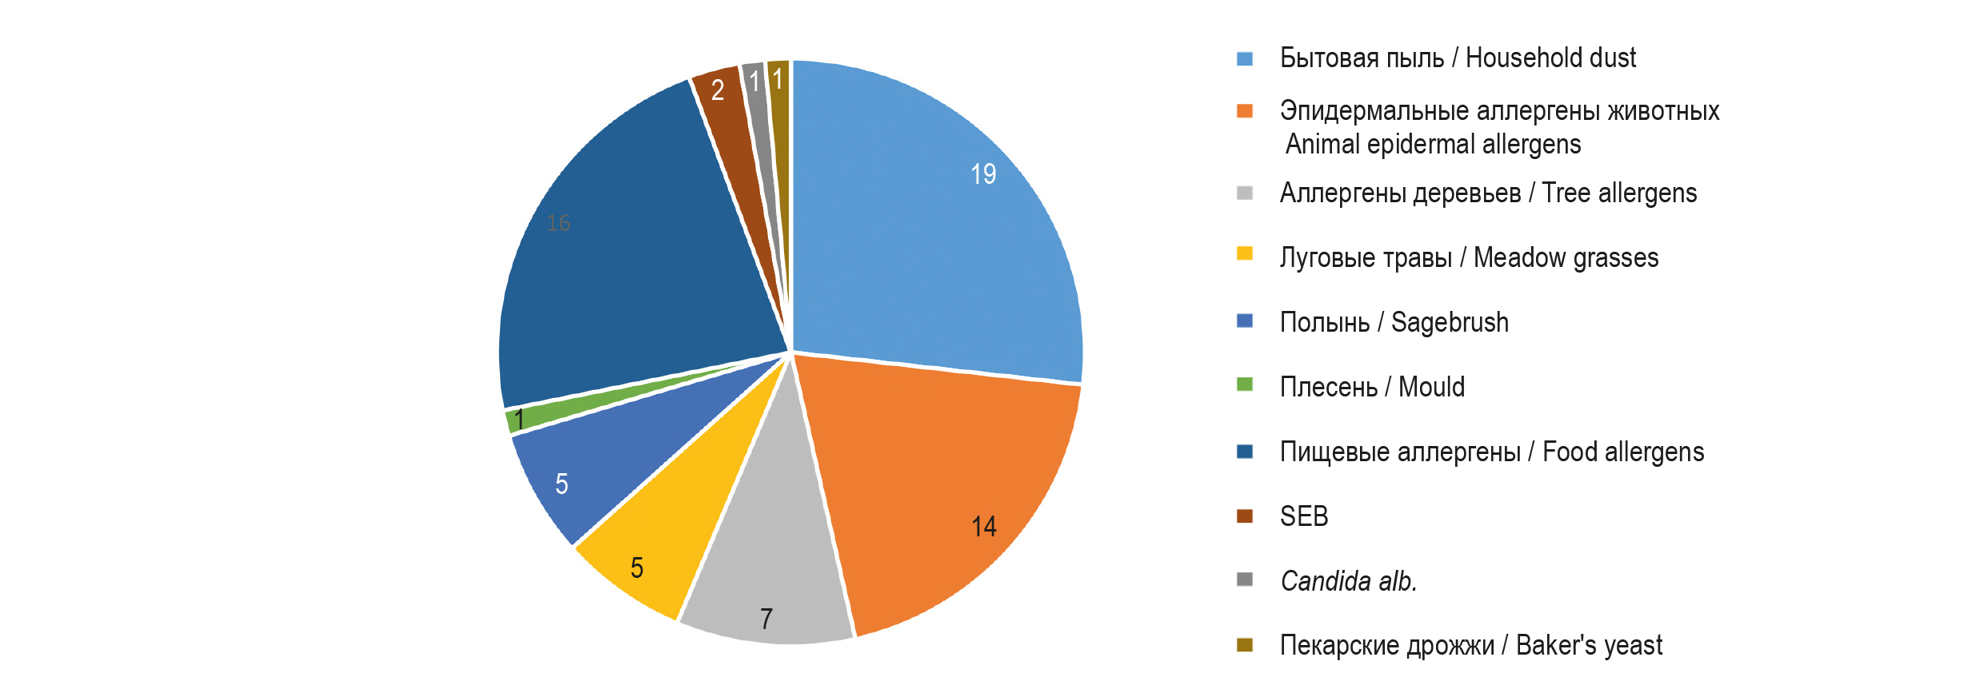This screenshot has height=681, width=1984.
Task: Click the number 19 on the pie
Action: [983, 174]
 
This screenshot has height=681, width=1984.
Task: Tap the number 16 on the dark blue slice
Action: [558, 223]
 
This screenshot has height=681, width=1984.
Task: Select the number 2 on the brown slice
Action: [718, 90]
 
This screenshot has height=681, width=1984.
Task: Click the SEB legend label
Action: [1304, 516]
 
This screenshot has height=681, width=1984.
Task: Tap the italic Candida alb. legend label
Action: [1349, 581]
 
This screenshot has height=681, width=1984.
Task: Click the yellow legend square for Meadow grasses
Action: [1245, 253]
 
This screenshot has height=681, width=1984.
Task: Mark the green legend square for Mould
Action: [1245, 384]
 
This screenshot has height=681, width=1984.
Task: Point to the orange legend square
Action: [1245, 110]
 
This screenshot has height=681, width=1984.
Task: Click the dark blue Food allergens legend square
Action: [1245, 452]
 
